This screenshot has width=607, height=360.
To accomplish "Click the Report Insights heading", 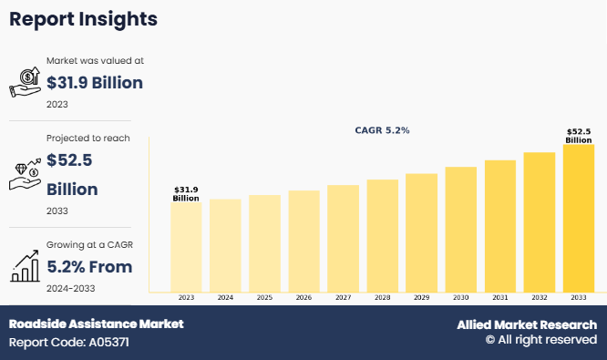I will tap(83, 19).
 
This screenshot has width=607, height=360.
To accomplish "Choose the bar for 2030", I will tap(460, 229).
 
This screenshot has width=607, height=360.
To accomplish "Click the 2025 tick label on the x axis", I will tap(264, 298).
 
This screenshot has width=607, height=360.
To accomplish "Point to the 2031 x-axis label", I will tap(499, 298).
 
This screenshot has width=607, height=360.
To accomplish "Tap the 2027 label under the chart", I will tap(343, 298).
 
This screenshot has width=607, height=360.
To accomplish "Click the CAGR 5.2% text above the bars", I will tap(382, 130).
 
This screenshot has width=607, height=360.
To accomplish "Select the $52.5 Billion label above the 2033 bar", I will tap(579, 136).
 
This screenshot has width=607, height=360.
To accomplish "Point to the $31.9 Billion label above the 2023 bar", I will tap(186, 194).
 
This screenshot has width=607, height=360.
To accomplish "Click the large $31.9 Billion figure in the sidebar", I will tap(95, 83).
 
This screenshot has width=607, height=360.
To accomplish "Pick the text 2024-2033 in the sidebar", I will tap(71, 288).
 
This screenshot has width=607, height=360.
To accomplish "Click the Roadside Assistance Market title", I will tap(96, 324).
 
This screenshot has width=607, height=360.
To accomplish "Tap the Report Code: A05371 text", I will tap(69, 343).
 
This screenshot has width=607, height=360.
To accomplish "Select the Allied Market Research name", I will tap(527, 324).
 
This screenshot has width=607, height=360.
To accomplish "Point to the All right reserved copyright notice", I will tap(540, 340).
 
